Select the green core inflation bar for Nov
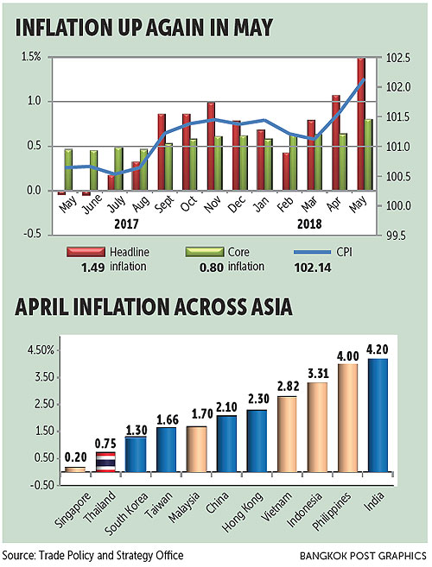tap(219, 163)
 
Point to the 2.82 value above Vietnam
tap(287, 387)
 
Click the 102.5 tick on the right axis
tap(399, 58)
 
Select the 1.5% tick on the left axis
tap(31, 58)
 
